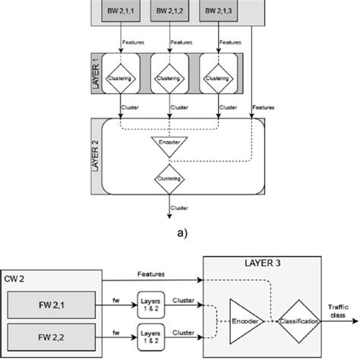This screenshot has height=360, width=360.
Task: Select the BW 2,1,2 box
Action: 169,10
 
